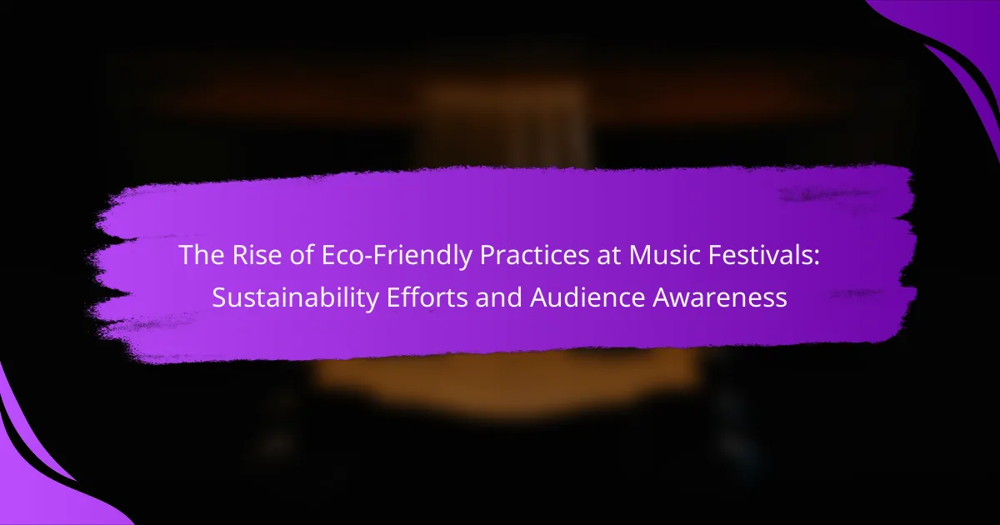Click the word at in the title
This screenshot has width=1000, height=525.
tap(608, 256)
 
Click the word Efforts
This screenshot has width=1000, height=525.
tap(427, 297)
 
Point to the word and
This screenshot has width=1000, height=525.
tap(498, 297)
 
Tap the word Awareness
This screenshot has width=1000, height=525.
tap(720, 297)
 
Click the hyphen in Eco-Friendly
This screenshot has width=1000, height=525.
tap(367, 258)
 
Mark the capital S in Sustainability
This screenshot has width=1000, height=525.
tap(219, 297)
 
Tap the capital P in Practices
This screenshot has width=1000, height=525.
tap(487, 255)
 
